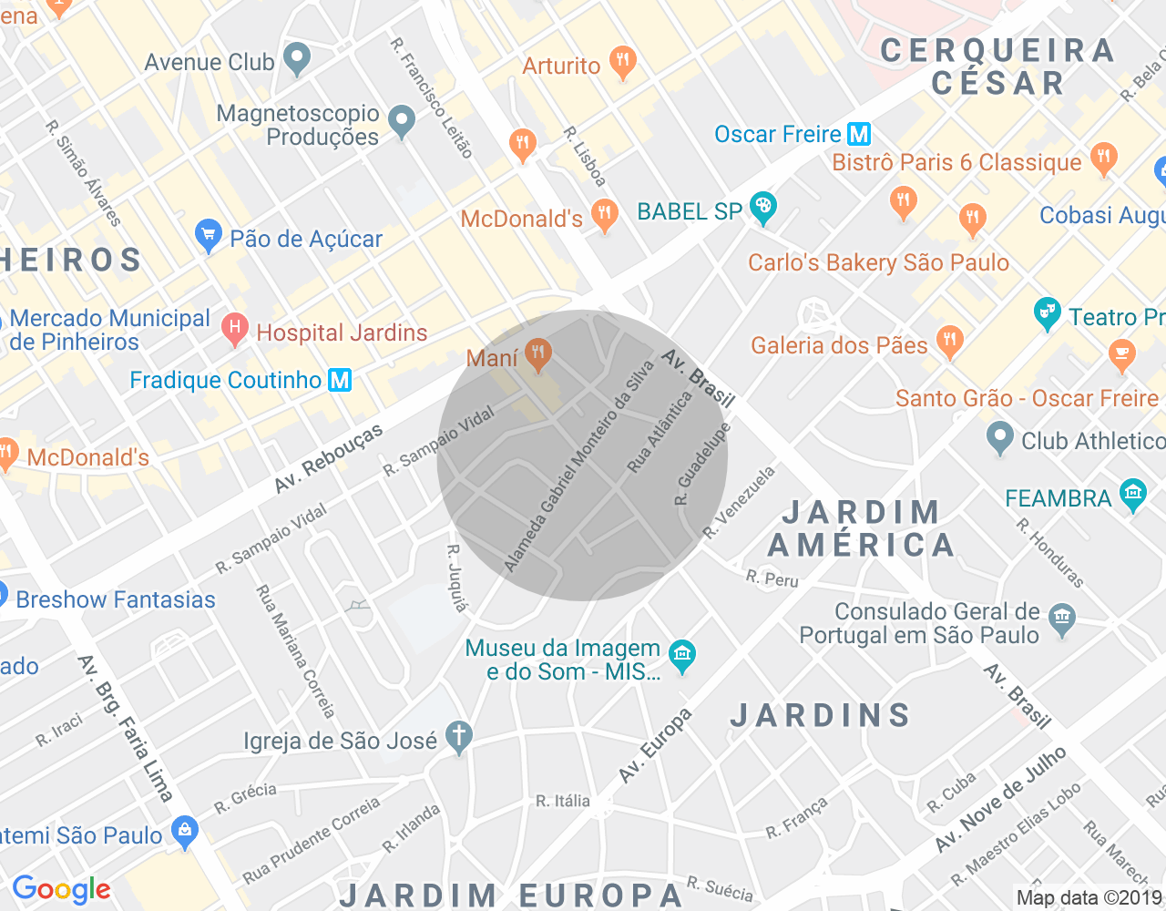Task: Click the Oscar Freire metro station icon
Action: point(859,135)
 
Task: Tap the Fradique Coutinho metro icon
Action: point(340,380)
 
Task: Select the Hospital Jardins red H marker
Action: point(235,330)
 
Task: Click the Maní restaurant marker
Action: point(538,354)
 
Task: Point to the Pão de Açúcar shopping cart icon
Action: point(209,236)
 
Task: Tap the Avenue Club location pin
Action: point(296,60)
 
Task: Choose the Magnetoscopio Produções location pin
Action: point(402,121)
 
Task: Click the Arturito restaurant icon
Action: point(623,63)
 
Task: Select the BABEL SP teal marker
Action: point(762,209)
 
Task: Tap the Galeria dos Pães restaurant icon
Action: point(949,342)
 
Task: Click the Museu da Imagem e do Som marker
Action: point(681,654)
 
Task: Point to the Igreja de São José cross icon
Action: point(459,737)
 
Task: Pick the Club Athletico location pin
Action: point(999,438)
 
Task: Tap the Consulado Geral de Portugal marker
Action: point(1061,619)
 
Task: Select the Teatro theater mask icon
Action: point(1048,314)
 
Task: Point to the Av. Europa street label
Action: point(655,745)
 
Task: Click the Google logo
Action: point(61,889)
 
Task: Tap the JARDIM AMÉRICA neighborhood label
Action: point(861,528)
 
